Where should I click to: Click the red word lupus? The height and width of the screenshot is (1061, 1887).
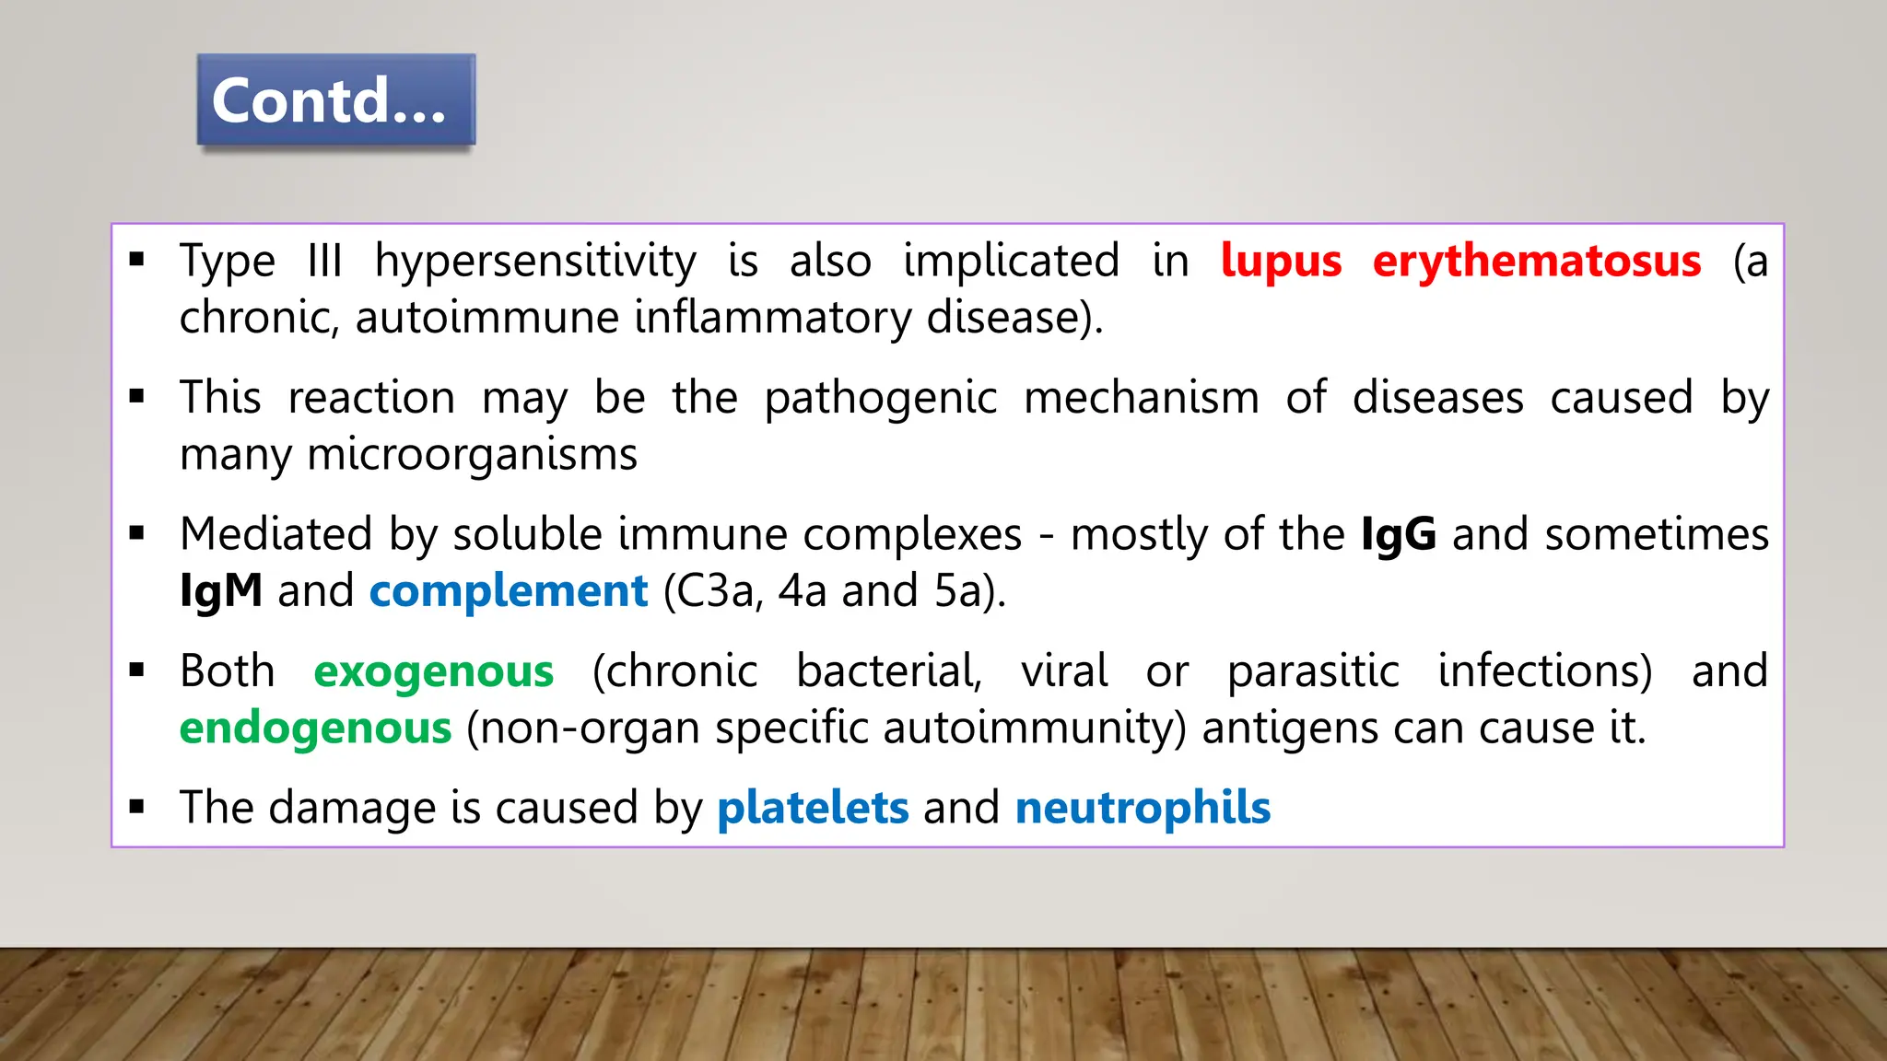pos(1281,261)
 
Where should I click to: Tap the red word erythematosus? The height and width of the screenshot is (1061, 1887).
pos(1536,261)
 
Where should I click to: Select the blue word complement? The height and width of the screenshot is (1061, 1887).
pos(509,591)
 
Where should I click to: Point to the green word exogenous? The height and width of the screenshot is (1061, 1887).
pos(433,671)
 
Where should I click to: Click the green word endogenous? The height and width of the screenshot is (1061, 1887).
pos(315,729)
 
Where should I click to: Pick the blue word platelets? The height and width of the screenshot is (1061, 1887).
pos(813,808)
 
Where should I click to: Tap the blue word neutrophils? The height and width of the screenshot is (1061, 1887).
pos(1143,808)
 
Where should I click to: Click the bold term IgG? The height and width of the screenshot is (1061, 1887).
pos(1398,535)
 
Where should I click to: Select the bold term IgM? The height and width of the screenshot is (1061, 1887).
pos(221,591)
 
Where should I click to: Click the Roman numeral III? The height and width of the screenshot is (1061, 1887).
pos(324,261)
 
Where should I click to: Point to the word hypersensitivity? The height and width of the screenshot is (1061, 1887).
pos(534,262)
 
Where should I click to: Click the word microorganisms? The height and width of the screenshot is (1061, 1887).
pos(472,455)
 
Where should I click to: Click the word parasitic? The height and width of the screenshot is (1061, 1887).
pos(1313,671)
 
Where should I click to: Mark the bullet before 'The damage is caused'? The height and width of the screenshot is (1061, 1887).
pos(137,808)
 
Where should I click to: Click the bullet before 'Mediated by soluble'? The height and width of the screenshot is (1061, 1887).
pos(137,533)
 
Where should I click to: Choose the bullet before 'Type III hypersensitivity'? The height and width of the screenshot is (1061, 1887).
pos(137,261)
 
